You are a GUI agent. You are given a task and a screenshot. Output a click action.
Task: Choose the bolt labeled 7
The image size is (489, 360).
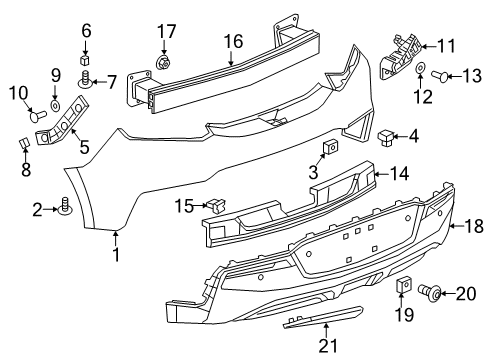[87, 79]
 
